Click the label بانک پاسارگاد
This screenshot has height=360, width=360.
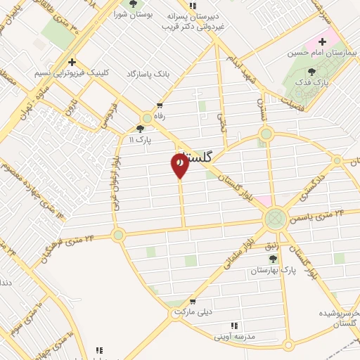150,74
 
